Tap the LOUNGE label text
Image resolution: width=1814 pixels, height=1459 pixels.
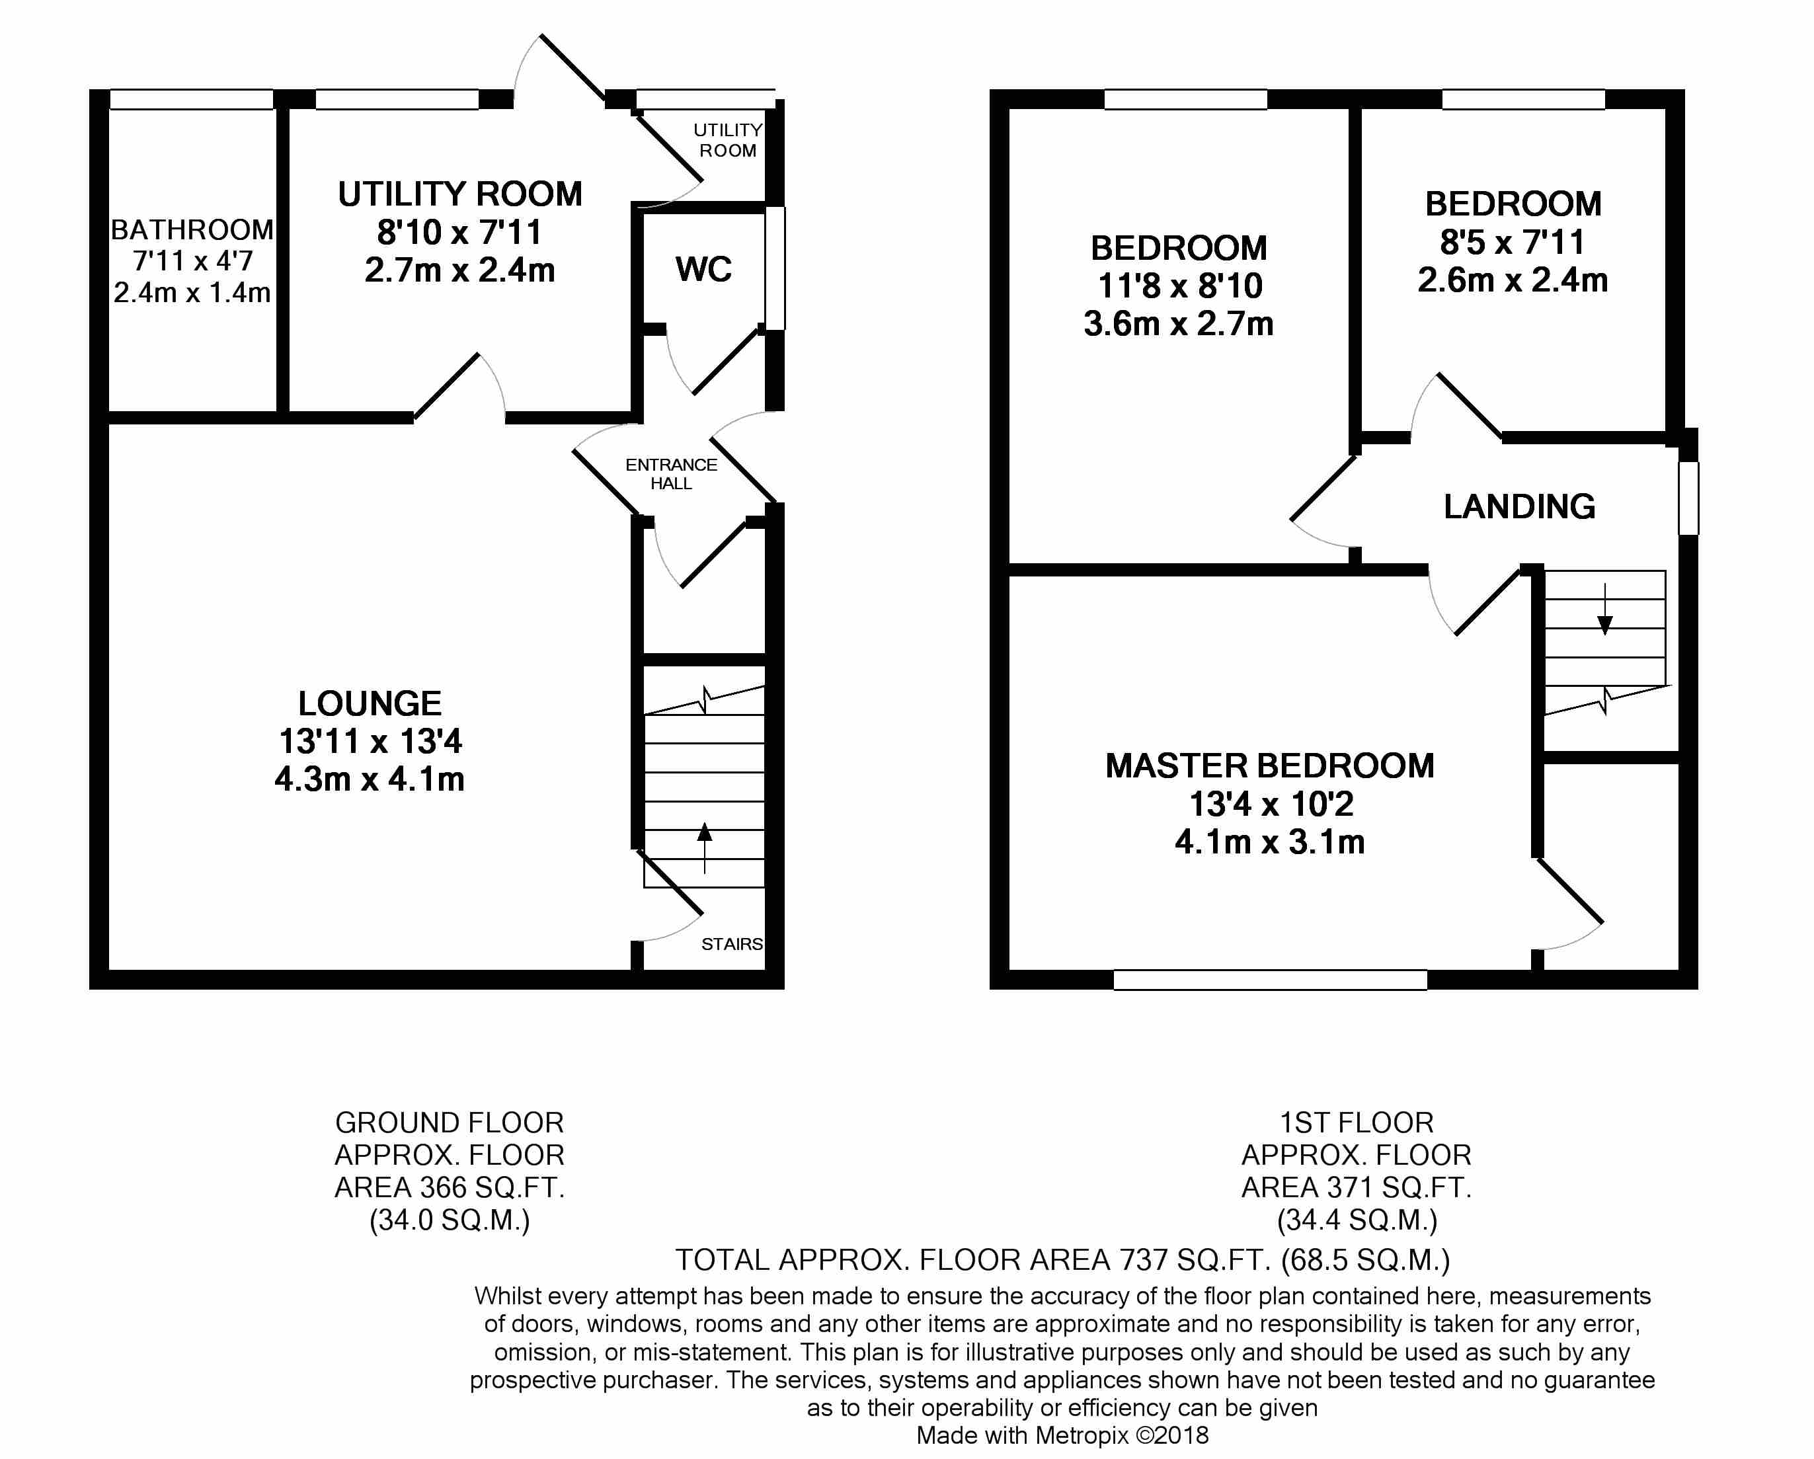pos(370,703)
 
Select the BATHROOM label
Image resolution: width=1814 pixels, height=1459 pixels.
pos(192,229)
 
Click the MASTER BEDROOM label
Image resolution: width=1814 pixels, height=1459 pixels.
pos(1270,766)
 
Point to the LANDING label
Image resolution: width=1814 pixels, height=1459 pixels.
pos(1520,506)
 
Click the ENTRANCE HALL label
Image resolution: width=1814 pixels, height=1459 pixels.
pos(672,474)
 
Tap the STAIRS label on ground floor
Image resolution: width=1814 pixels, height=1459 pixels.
pos(732,944)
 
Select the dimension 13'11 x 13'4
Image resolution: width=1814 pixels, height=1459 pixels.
pos(370,741)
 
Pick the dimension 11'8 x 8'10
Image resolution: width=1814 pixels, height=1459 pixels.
pos(1179,286)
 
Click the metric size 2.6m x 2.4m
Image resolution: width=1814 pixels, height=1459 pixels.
pos(1513,280)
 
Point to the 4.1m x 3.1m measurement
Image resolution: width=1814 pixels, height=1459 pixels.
pos(1270,842)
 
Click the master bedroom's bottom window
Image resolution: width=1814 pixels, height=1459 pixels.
pos(1271,980)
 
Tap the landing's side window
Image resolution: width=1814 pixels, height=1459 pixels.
pos(1688,498)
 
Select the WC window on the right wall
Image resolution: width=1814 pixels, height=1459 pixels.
pos(775,268)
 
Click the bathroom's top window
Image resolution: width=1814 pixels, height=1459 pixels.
pos(192,99)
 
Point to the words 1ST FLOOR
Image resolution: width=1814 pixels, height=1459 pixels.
pos(1357,1123)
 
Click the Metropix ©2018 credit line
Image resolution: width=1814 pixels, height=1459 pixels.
pos(1062,1435)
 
